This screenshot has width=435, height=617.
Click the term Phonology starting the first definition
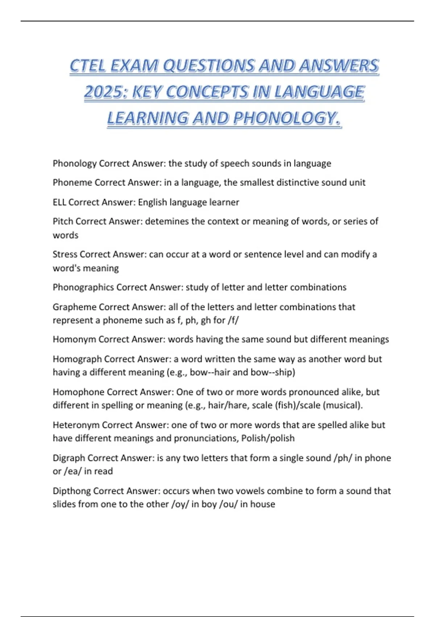coord(75,164)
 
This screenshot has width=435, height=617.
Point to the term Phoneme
coord(72,183)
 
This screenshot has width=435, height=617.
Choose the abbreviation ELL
coord(59,202)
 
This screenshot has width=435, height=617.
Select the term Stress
coord(65,254)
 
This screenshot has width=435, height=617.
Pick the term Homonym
coord(74,339)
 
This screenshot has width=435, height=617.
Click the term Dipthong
coord(71,491)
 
